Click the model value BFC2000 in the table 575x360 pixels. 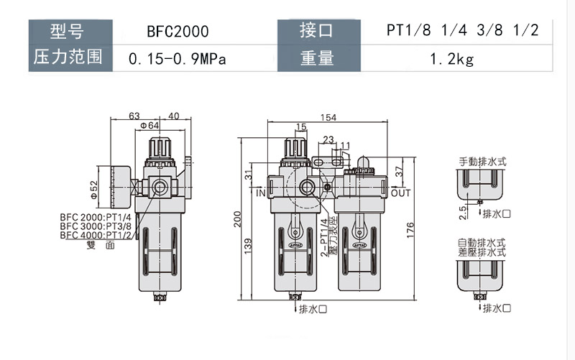pyautogui.click(x=177, y=32)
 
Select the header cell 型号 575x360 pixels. pyautogui.click(x=69, y=32)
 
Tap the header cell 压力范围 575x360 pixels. pyautogui.click(x=69, y=57)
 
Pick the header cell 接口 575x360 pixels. pyautogui.click(x=317, y=32)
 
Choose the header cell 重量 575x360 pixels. pyautogui.click(x=317, y=57)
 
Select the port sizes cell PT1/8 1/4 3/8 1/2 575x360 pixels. pyautogui.click(x=451, y=32)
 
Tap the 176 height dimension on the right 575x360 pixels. pyautogui.click(x=410, y=230)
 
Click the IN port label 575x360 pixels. pyautogui.click(x=261, y=193)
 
